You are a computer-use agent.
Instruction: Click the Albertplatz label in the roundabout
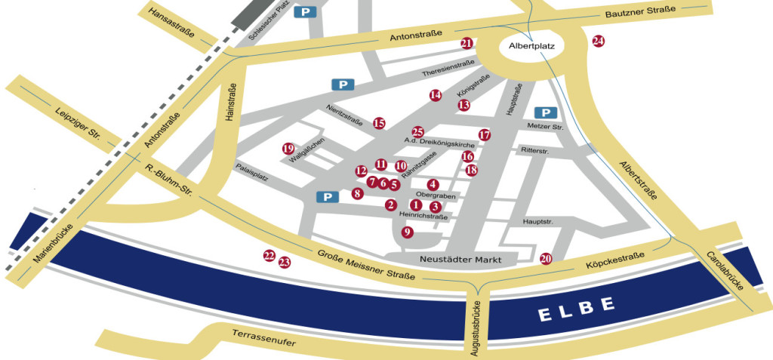tap(532, 46)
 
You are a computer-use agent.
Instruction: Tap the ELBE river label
tap(577, 309)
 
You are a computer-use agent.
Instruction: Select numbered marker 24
tap(599, 42)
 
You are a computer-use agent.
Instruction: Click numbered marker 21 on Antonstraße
tap(467, 44)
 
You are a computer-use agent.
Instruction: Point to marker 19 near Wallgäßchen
tap(288, 148)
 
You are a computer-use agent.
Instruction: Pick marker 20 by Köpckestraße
tap(547, 259)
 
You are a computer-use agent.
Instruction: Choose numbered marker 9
tap(408, 232)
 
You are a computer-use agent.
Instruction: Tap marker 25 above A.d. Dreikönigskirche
tap(418, 131)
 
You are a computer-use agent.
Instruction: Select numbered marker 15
tap(379, 123)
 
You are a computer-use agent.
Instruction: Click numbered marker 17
tap(485, 135)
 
